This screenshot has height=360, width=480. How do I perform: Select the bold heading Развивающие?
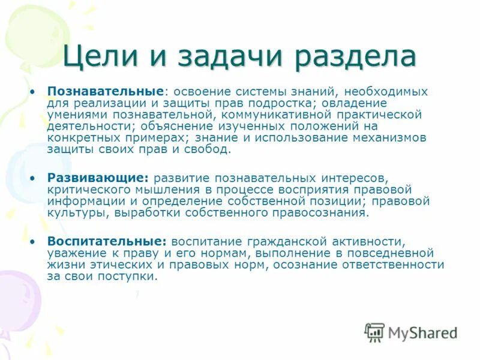[x=98, y=178]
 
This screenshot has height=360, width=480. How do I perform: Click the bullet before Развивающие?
[x=34, y=178]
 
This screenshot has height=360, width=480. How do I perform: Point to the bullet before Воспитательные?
[x=34, y=241]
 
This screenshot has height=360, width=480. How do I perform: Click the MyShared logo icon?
[x=374, y=331]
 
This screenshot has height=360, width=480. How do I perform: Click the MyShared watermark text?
[x=422, y=332]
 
